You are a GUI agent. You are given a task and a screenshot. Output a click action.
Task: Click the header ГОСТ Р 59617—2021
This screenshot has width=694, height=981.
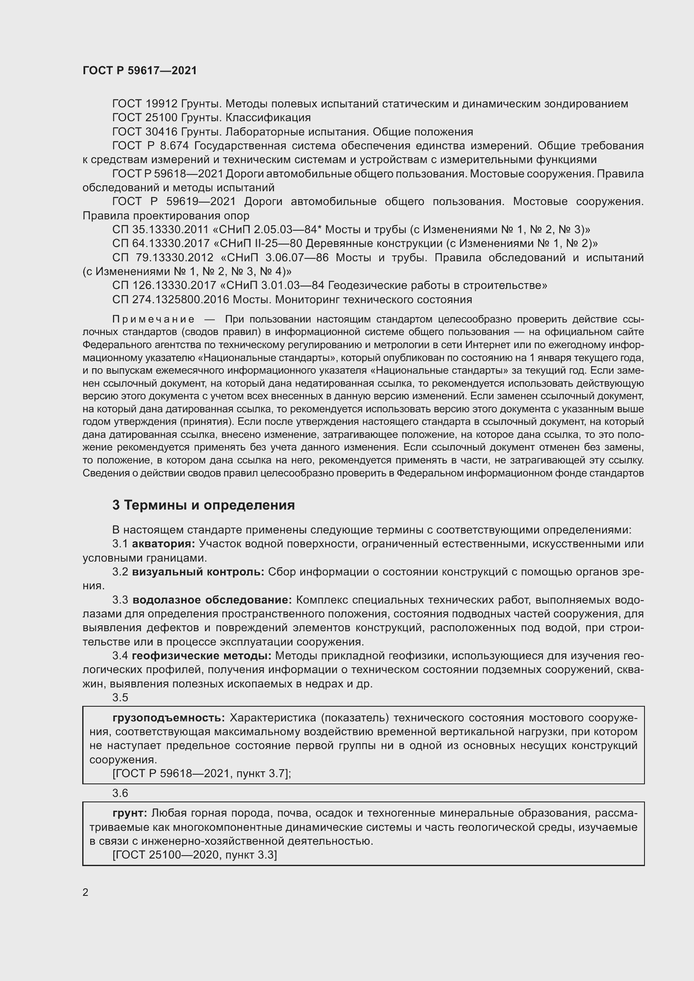click(x=140, y=70)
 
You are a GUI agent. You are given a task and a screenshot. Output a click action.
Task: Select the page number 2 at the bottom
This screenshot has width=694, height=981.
click(x=86, y=892)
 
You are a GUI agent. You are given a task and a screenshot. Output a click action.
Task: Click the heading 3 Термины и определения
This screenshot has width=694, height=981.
click(x=204, y=505)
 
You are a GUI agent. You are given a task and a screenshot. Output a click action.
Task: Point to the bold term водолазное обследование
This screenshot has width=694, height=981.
click(x=212, y=600)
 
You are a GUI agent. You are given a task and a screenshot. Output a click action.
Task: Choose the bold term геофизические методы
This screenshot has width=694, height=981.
click(x=201, y=656)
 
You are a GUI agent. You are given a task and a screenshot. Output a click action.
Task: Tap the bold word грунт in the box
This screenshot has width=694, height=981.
click(x=130, y=813)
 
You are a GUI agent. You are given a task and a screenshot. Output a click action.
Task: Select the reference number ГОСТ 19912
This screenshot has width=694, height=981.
click(x=145, y=104)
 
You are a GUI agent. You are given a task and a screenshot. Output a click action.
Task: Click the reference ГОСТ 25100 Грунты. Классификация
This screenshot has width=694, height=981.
click(x=211, y=117)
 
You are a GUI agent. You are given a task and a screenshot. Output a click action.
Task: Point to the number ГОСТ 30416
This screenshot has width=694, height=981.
click(x=145, y=132)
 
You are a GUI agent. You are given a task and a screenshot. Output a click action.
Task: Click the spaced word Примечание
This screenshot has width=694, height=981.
click(x=154, y=319)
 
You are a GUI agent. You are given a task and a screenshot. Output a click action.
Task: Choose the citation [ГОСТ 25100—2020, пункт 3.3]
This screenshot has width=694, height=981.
click(x=194, y=855)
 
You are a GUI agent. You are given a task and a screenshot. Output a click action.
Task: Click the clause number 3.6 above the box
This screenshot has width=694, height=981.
click(x=120, y=793)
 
